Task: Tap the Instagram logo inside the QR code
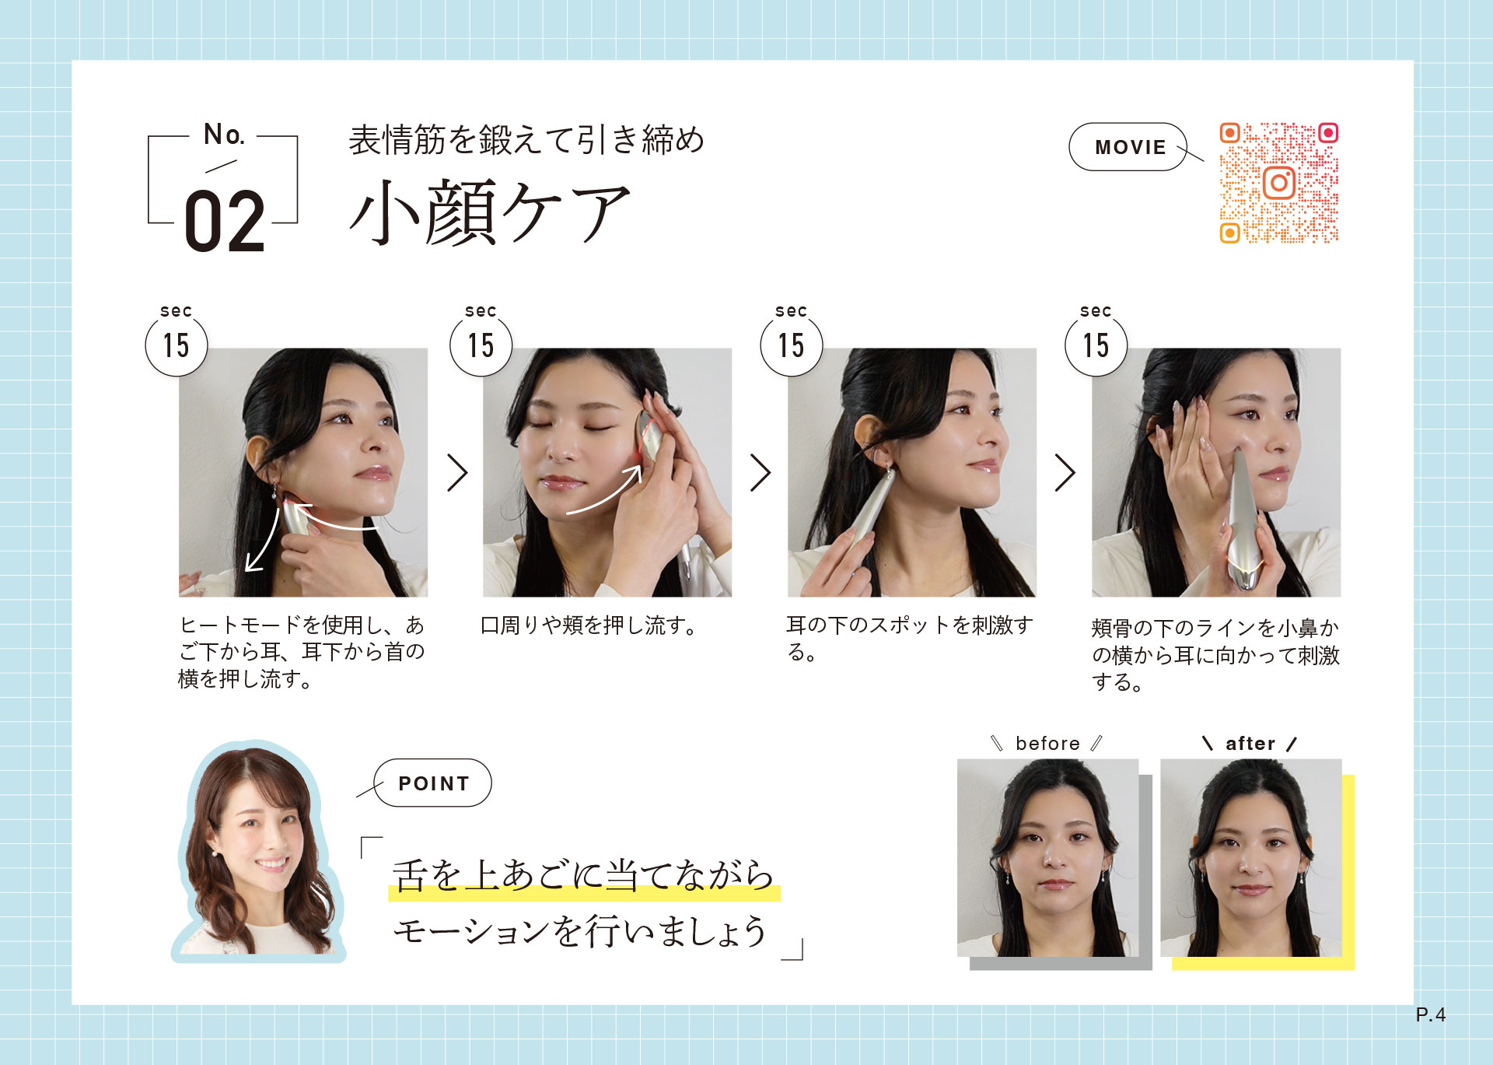(x=1279, y=184)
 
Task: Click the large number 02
(x=225, y=222)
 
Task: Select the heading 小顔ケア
(x=490, y=212)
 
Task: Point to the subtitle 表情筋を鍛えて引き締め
(x=526, y=140)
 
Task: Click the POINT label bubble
(x=432, y=783)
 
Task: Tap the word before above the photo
(x=1047, y=744)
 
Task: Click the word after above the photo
(x=1250, y=744)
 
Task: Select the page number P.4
(x=1430, y=1014)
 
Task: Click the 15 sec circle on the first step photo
(x=177, y=345)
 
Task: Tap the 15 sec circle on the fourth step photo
(x=1096, y=345)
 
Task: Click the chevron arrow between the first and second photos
(x=457, y=472)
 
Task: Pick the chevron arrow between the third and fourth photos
(x=1065, y=472)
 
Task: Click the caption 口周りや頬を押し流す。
(x=590, y=625)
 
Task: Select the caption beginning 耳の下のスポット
(x=910, y=638)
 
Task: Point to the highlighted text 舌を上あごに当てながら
(x=583, y=875)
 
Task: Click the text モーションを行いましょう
(x=580, y=930)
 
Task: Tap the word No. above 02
(x=224, y=135)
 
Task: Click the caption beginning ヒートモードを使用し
(x=302, y=652)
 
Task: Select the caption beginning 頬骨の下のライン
(x=1215, y=655)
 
